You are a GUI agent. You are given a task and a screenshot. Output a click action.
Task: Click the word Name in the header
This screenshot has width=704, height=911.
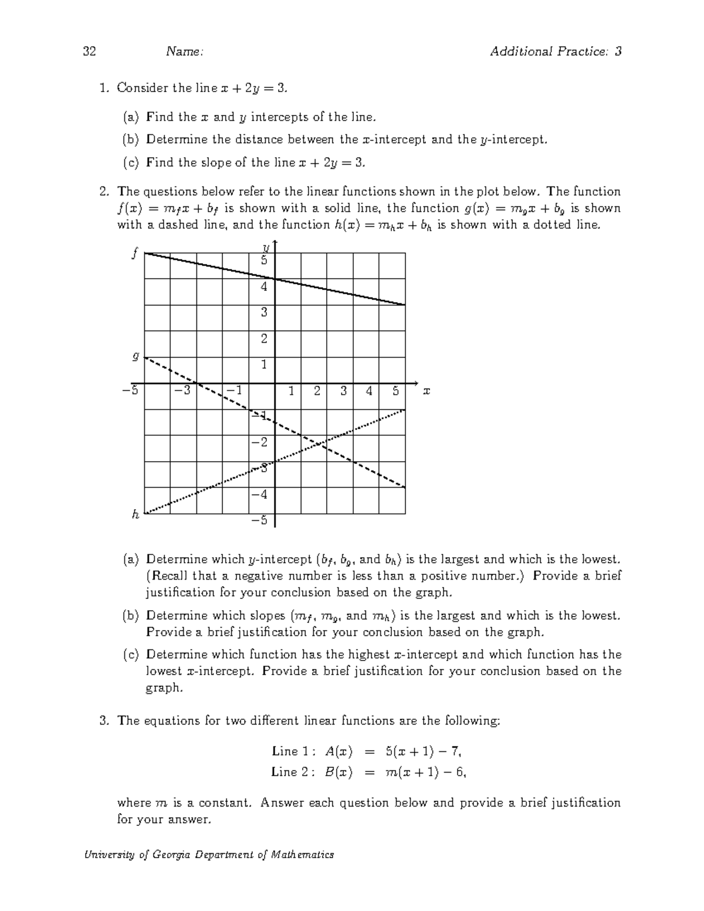click(x=184, y=52)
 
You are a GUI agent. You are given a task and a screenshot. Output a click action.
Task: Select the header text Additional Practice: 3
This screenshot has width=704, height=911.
click(x=556, y=52)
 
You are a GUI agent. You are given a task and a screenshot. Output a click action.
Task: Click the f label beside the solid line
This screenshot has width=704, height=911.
click(x=136, y=253)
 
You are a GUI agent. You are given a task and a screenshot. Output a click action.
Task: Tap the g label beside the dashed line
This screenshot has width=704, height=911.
click(x=136, y=355)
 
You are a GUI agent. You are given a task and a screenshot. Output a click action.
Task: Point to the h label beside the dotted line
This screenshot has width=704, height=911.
click(x=136, y=514)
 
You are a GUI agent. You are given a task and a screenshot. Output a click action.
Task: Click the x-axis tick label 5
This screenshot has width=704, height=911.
click(x=396, y=390)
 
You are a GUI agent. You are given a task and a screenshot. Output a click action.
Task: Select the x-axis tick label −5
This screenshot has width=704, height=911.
click(x=131, y=390)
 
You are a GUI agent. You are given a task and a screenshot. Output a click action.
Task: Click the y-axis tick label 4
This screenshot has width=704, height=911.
click(x=264, y=287)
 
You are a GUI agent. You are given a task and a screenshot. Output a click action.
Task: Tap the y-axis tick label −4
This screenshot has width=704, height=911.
click(x=260, y=494)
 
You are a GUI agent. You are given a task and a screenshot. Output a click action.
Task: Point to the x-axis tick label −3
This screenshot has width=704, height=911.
click(x=183, y=390)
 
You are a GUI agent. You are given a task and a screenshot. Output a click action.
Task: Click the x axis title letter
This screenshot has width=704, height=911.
click(x=427, y=391)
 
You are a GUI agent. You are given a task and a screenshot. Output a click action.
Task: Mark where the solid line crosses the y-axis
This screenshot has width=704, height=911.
click(x=275, y=279)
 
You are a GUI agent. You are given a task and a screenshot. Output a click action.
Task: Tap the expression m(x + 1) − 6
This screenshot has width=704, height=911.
click(x=425, y=773)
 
